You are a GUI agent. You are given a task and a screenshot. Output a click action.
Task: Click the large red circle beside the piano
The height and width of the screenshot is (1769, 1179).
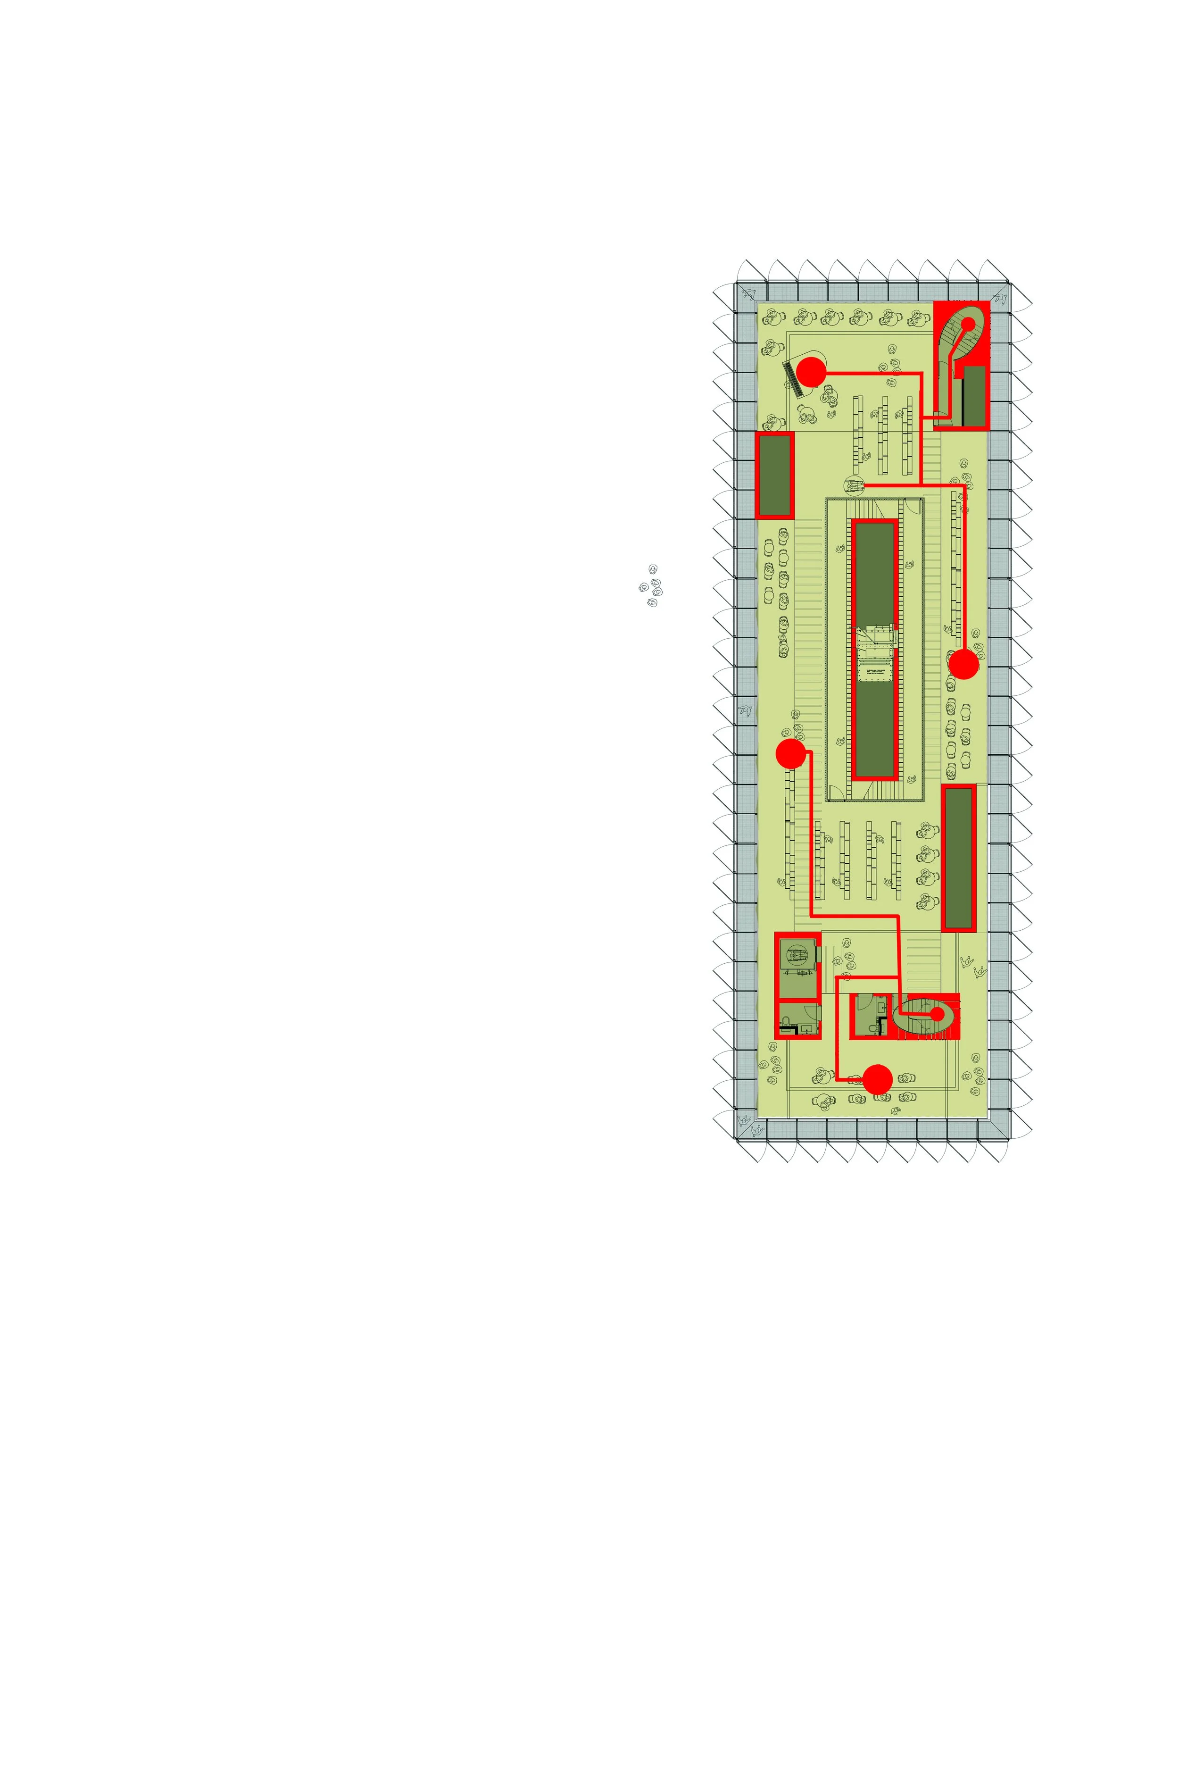pos(811,372)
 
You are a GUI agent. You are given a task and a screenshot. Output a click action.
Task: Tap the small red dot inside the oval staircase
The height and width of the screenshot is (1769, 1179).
pos(937,1013)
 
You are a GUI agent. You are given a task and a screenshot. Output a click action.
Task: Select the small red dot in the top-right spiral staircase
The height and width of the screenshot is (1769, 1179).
pos(969,324)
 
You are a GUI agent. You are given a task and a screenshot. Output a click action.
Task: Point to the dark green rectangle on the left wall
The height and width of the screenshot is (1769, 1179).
pos(774,476)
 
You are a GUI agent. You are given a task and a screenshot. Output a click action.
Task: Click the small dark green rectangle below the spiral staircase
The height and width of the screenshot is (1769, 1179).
pos(974,396)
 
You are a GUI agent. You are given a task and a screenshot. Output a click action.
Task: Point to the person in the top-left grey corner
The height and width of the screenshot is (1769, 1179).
pos(748,294)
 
